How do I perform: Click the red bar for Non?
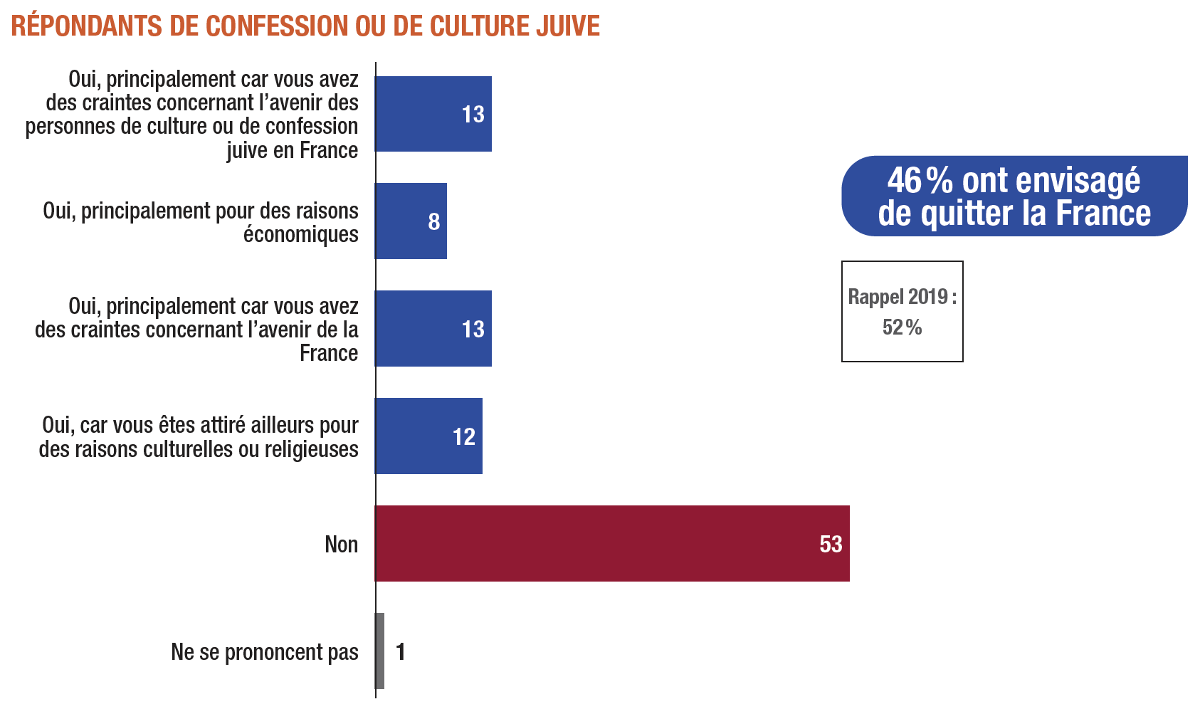tap(612, 543)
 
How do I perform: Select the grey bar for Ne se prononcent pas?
tap(380, 651)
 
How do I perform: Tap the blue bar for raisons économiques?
tap(411, 221)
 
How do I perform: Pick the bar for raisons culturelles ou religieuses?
tap(428, 436)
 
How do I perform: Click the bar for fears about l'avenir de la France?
tap(433, 328)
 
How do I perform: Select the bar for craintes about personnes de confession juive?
tap(433, 114)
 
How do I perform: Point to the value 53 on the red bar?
tap(831, 545)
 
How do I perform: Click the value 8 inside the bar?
tap(434, 222)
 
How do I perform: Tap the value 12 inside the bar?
tap(464, 436)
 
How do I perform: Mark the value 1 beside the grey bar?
tap(401, 651)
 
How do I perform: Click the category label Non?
tap(341, 545)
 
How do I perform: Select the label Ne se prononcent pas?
tap(265, 652)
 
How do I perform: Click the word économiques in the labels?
tap(301, 235)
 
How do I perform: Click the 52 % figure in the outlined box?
tap(902, 327)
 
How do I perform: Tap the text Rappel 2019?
tap(898, 297)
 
